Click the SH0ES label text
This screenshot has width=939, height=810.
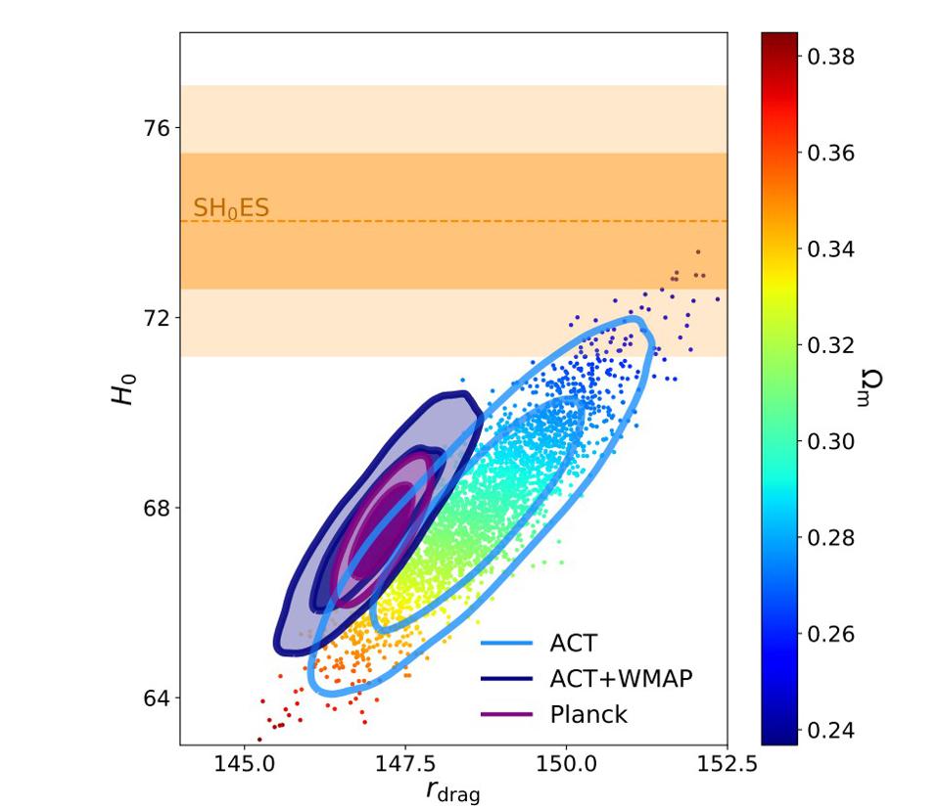231,207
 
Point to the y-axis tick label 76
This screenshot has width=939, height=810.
157,128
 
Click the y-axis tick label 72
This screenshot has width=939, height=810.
157,318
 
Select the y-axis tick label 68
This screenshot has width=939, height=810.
157,508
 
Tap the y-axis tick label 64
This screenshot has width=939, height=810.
157,698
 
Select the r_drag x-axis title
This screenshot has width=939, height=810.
453,790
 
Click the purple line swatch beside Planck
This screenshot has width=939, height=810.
506,715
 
